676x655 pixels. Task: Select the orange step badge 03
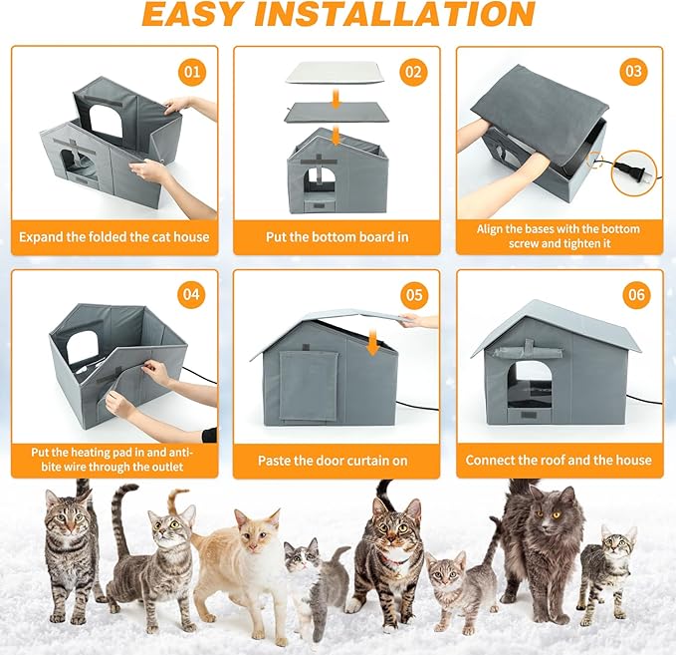[x=634, y=72]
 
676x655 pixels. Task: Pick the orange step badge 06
[x=634, y=294]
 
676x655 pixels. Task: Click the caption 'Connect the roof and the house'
[x=559, y=461]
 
